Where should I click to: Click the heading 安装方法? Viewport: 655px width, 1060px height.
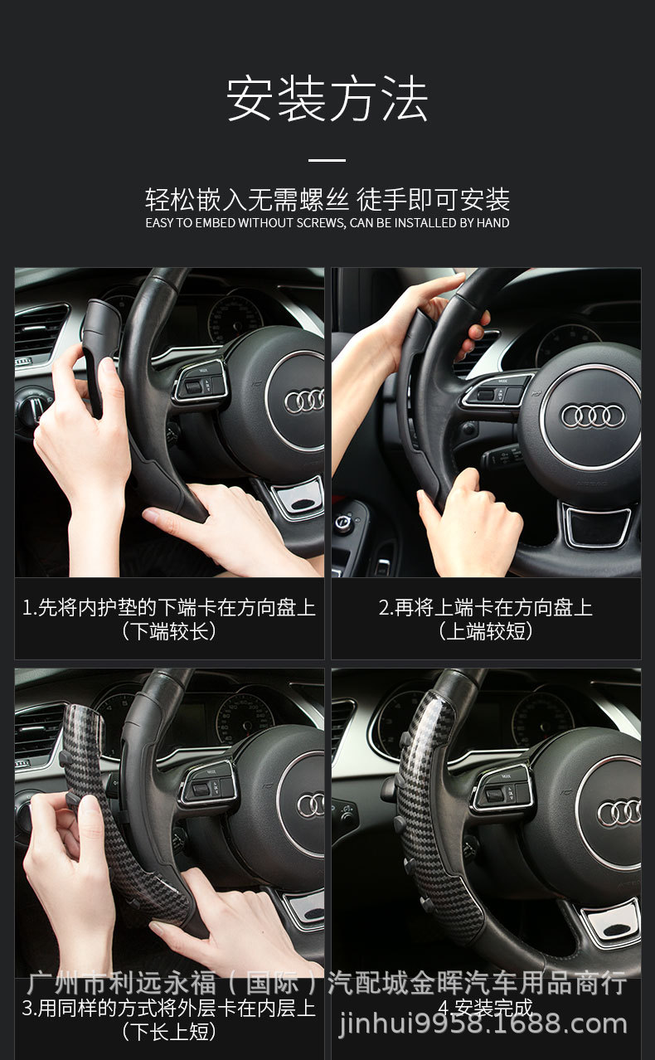point(327,100)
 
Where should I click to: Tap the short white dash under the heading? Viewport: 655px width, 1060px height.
point(327,159)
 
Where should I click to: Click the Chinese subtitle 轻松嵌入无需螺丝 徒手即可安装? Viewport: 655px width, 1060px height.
point(327,200)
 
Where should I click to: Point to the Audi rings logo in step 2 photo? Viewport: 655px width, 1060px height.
point(592,416)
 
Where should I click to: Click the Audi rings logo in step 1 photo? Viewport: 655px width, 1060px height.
point(304,401)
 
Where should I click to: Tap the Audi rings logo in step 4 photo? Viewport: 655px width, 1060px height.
point(619,812)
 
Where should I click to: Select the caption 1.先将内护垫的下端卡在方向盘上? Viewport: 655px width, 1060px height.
point(169,608)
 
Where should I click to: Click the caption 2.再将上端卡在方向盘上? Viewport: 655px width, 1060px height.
point(486,608)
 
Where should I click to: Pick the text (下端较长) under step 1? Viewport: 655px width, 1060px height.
point(169,631)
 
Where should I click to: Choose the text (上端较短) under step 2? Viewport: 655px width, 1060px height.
point(486,631)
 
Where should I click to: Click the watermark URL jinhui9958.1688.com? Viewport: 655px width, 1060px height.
point(484,1025)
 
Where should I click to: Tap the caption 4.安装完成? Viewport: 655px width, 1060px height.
point(486,1009)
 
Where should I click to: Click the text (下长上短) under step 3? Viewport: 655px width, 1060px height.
point(169,1032)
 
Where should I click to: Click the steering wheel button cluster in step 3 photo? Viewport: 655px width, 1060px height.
point(204,784)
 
